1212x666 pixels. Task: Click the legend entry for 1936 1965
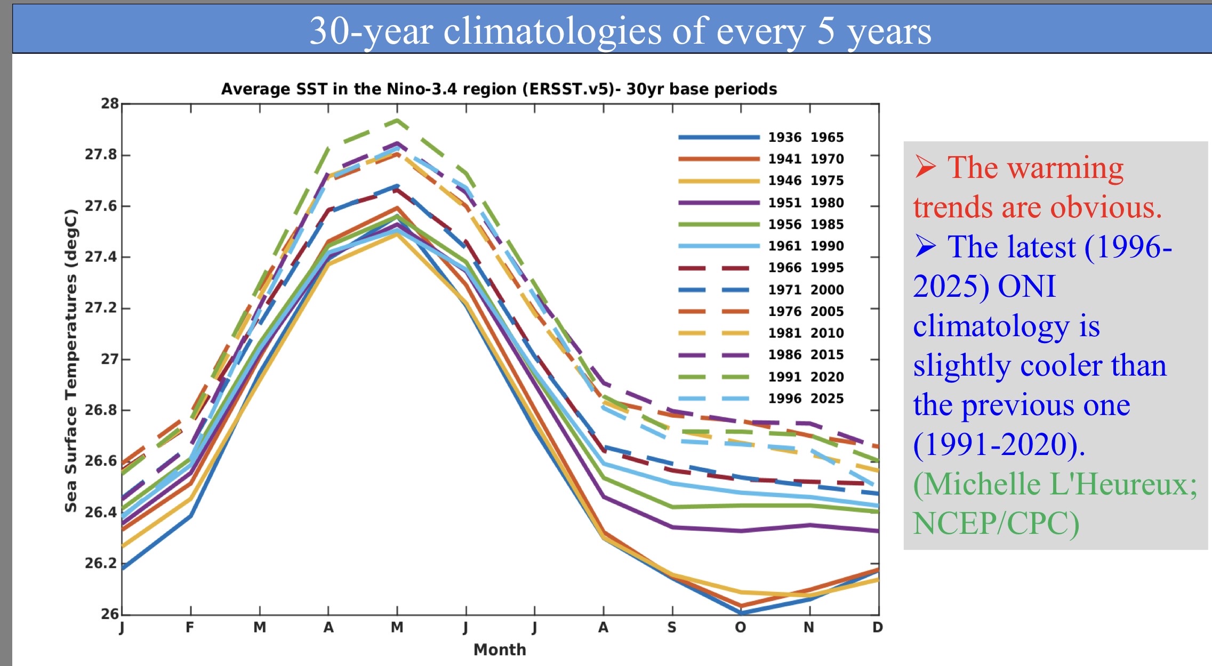(x=805, y=137)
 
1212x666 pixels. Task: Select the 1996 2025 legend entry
(x=805, y=399)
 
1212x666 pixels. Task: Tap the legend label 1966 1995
(x=805, y=267)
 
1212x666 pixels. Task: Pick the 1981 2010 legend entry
(x=805, y=333)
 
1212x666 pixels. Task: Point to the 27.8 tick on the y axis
(x=101, y=155)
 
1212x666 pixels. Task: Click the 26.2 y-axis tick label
(x=101, y=563)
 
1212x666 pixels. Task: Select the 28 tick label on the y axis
(x=110, y=103)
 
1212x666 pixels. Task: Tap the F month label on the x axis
(x=190, y=628)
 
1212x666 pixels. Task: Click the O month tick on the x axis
(x=740, y=628)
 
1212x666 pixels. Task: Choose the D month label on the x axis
(x=877, y=628)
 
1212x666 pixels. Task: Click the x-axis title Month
(x=500, y=649)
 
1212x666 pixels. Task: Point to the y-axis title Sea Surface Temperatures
(x=71, y=360)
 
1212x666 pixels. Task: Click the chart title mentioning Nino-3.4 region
(x=499, y=89)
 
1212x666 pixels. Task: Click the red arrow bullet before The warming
(x=926, y=167)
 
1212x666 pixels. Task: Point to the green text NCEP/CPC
(x=996, y=523)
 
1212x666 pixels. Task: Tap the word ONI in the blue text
(x=1026, y=286)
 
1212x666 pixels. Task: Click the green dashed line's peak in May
(x=397, y=120)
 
